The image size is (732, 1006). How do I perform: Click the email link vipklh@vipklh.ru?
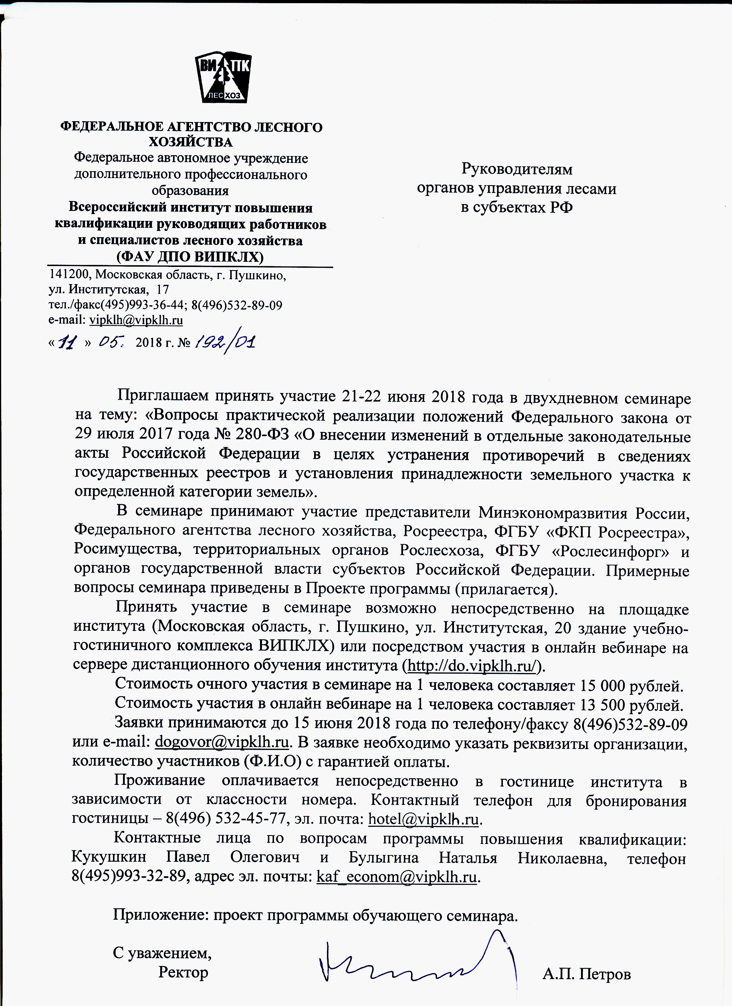[136, 320]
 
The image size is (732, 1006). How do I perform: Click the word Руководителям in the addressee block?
[517, 169]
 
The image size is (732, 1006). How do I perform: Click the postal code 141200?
[68, 275]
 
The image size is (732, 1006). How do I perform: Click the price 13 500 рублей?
[630, 705]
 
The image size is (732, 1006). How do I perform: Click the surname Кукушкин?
[108, 857]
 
